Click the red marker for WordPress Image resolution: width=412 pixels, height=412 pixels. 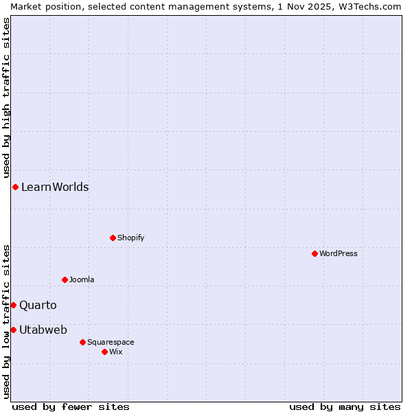[x=314, y=253]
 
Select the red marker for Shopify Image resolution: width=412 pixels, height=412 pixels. [x=113, y=238]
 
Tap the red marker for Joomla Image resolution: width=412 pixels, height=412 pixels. [x=65, y=279]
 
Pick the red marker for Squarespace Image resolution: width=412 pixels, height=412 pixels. [x=82, y=342]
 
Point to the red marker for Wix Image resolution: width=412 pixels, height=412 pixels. [x=104, y=352]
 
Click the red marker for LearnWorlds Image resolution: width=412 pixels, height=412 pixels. [x=15, y=187]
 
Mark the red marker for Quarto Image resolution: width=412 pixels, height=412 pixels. [x=13, y=305]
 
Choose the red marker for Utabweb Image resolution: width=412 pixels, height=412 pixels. [x=13, y=330]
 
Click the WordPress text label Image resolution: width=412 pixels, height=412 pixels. [x=339, y=253]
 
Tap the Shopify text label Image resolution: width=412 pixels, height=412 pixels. [x=131, y=238]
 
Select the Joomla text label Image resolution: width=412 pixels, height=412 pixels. [x=82, y=279]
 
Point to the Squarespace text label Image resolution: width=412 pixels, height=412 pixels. [x=111, y=342]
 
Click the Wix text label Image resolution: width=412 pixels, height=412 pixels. [x=116, y=352]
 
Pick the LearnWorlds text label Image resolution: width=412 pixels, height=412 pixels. [x=55, y=187]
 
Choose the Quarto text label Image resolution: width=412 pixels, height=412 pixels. [x=38, y=305]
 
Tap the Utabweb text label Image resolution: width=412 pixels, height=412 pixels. [x=43, y=330]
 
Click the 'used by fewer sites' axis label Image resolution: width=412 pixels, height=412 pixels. [x=71, y=407]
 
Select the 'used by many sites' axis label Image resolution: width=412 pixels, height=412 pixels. [x=345, y=407]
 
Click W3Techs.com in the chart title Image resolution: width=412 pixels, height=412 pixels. [x=368, y=6]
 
